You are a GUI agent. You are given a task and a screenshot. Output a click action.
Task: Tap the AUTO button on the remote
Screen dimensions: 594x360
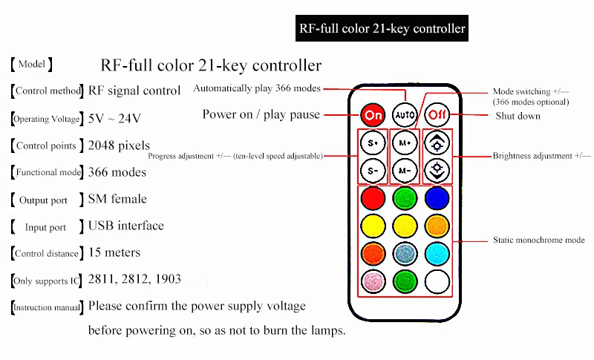tap(405, 115)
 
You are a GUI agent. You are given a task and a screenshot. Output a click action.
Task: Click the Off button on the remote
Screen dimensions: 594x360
tap(437, 115)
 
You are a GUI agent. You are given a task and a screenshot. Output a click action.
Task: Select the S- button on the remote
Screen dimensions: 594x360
tap(372, 171)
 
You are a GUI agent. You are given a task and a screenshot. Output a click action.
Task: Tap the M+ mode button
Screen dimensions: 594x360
tap(405, 142)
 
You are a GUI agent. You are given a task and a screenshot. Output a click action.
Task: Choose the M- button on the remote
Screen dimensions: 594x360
tap(405, 171)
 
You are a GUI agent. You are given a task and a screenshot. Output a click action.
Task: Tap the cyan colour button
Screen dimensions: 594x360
tap(437, 252)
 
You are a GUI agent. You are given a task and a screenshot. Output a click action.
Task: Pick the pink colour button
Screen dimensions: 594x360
tap(372, 281)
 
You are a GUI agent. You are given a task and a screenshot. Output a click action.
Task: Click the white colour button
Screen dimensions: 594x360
tap(437, 281)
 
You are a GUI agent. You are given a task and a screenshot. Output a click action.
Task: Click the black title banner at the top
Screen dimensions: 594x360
tap(382, 29)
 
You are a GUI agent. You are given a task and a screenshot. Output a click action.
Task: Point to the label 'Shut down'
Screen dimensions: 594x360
tap(518, 116)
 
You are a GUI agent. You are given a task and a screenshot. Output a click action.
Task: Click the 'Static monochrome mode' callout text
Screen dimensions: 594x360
tap(538, 240)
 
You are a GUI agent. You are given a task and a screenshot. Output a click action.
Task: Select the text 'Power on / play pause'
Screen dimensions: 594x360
tap(261, 114)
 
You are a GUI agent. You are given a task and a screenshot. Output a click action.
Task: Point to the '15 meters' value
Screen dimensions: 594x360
tap(114, 252)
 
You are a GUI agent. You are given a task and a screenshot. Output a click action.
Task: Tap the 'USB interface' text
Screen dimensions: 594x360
tap(125, 226)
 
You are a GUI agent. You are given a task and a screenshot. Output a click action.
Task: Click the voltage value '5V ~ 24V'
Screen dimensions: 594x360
tap(114, 118)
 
